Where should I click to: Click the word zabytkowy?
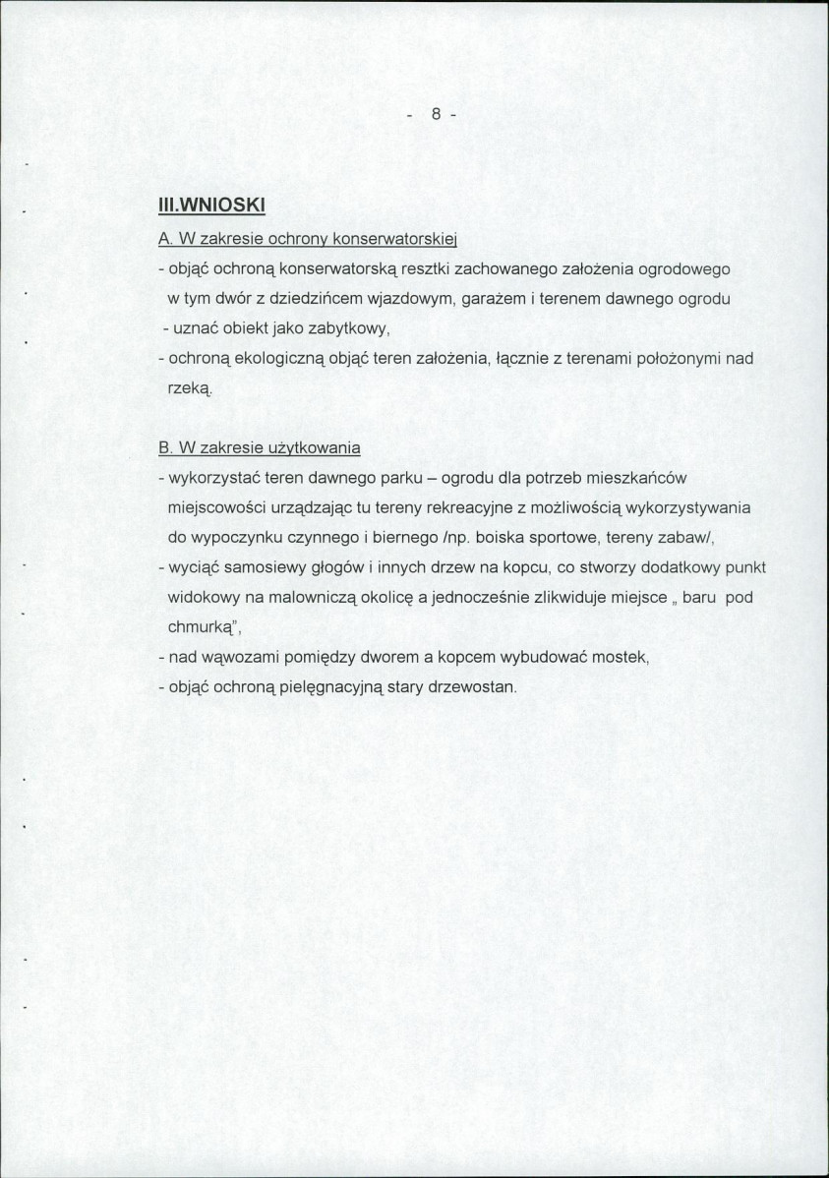(350, 327)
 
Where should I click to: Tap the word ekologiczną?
(278, 358)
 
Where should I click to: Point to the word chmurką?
(202, 626)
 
